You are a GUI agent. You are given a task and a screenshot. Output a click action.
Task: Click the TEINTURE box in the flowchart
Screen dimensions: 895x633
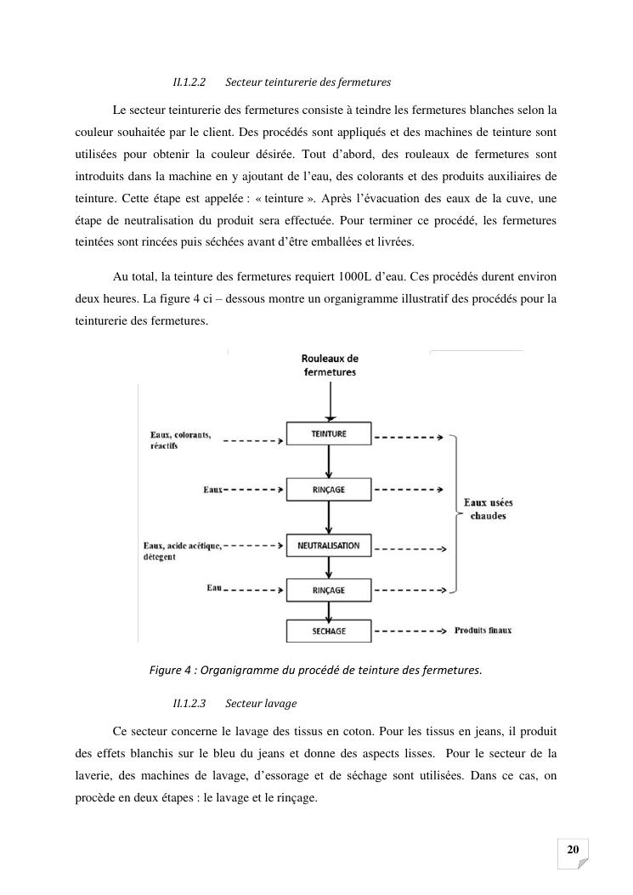pos(329,434)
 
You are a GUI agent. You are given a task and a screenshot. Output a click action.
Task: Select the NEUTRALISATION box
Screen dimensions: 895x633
pos(329,546)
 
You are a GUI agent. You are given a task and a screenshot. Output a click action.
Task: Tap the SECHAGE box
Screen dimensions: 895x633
pos(329,632)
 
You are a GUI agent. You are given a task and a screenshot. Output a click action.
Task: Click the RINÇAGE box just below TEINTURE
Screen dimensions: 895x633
pos(329,490)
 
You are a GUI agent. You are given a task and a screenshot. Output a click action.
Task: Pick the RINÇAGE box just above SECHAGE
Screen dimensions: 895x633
pos(329,590)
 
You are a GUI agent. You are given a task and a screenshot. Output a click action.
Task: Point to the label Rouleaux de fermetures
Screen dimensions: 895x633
pos(330,365)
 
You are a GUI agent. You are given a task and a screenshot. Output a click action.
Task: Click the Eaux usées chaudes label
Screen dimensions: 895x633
pos(488,509)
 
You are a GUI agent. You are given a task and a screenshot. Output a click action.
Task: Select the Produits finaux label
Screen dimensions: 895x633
pos(483,631)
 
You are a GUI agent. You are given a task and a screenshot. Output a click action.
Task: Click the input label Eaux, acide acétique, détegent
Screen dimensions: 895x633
pos(182,551)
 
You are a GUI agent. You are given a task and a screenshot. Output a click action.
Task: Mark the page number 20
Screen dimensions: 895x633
pos(573,850)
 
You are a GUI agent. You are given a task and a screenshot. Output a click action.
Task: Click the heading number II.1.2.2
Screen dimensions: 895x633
pos(189,82)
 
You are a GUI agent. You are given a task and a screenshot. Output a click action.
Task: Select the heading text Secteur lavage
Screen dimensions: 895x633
pos(261,704)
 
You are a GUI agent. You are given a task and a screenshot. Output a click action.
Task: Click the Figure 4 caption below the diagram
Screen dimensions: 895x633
pos(315,670)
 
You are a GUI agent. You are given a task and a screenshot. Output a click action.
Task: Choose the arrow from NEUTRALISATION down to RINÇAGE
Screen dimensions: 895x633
pos(329,567)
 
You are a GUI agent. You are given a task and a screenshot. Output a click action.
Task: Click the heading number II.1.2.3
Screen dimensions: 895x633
pos(189,704)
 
